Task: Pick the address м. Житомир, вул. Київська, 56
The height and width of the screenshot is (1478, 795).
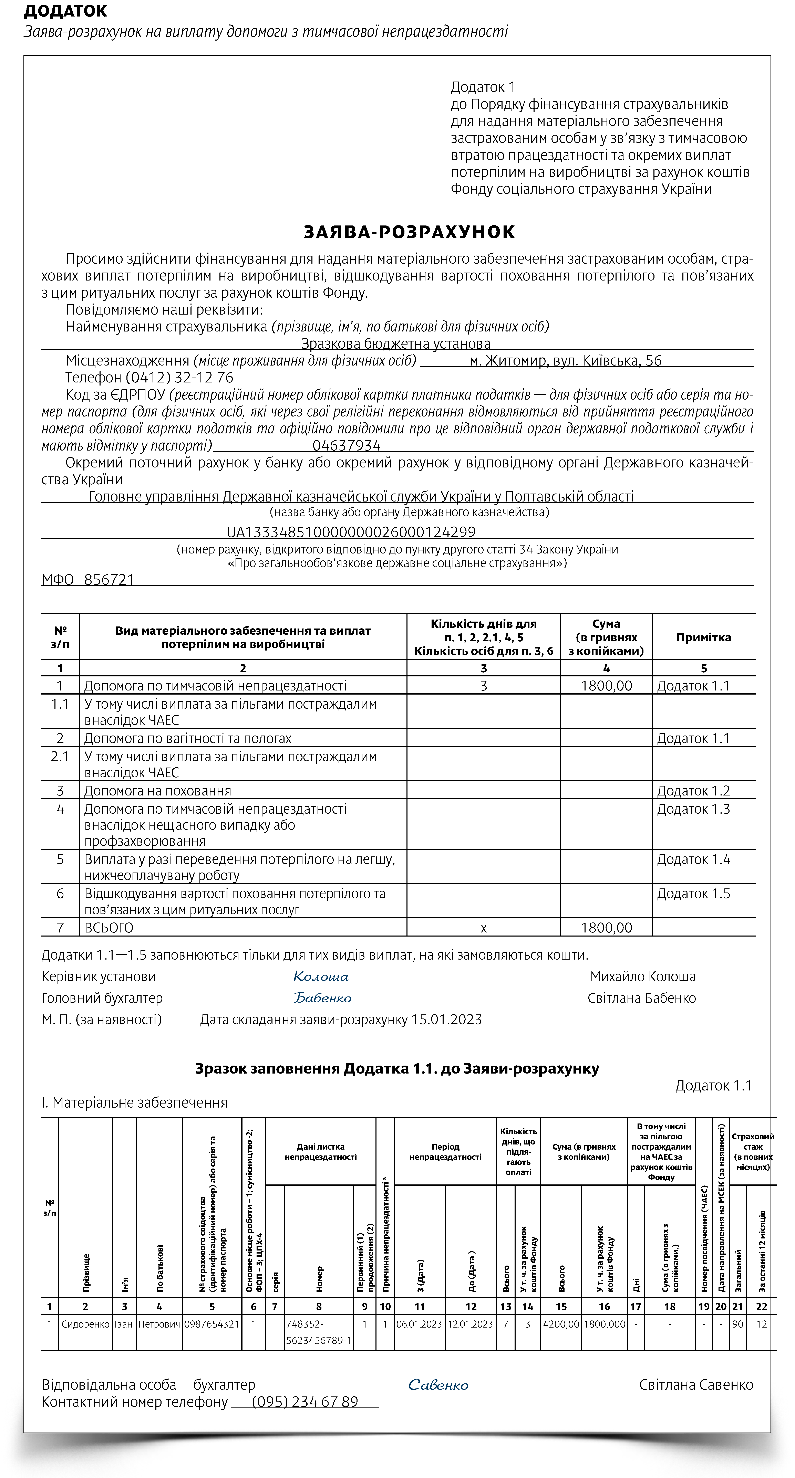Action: pos(565,361)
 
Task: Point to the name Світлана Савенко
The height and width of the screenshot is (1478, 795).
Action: pos(696,1385)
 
